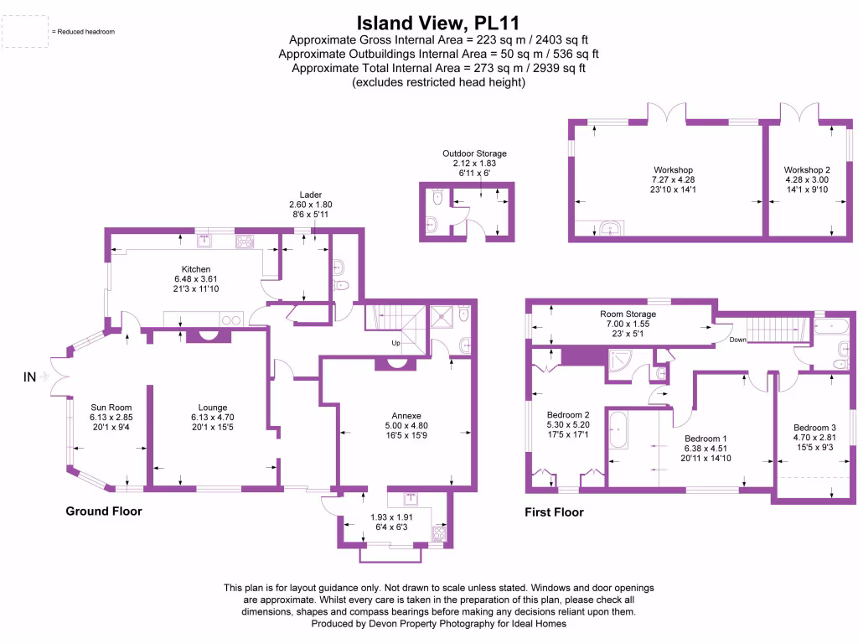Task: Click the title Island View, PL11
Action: (437, 23)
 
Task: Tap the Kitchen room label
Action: (196, 269)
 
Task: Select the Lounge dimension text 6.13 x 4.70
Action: (212, 418)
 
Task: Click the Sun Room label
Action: (111, 408)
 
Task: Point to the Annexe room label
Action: (406, 416)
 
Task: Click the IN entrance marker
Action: (29, 377)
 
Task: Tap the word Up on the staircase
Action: (395, 343)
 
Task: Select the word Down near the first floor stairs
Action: (737, 340)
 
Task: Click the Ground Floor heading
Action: (104, 511)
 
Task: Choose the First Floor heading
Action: (554, 512)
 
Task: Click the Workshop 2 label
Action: (807, 169)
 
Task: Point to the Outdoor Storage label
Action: (474, 153)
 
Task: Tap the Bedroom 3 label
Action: (814, 428)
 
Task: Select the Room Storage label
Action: (628, 314)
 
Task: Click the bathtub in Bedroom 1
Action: (618, 430)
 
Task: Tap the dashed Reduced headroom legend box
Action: (25, 32)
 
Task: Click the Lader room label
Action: (310, 195)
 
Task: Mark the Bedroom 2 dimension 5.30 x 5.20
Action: (568, 424)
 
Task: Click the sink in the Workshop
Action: (610, 228)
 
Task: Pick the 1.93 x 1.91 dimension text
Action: (391, 517)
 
